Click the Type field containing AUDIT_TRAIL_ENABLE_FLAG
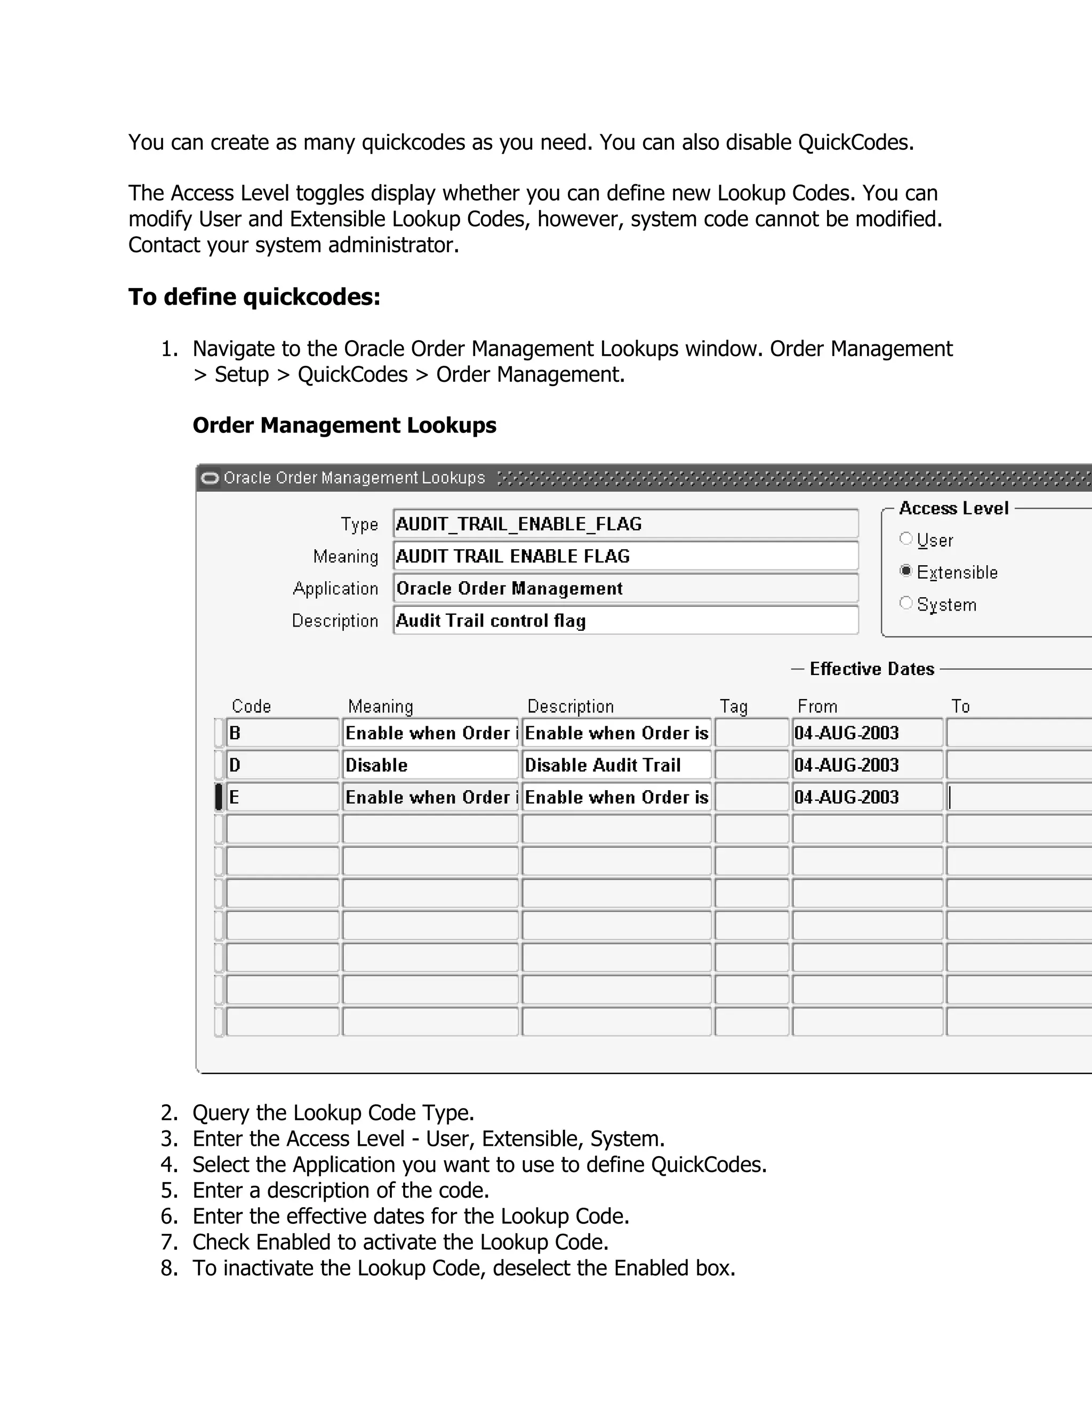[x=625, y=524]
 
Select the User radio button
[x=906, y=539]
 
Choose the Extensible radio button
[x=906, y=571]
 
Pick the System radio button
[x=906, y=603]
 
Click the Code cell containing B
[x=282, y=733]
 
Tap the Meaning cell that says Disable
[x=430, y=765]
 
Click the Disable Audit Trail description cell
[x=616, y=765]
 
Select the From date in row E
[x=866, y=797]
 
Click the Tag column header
[x=734, y=706]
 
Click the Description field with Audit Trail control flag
[x=625, y=621]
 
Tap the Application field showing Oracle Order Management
[x=625, y=588]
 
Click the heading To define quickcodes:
[x=254, y=297]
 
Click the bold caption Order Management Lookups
[x=344, y=425]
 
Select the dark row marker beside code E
[x=219, y=797]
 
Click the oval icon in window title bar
[x=210, y=478]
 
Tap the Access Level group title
[x=953, y=509]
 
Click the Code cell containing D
[x=282, y=765]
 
